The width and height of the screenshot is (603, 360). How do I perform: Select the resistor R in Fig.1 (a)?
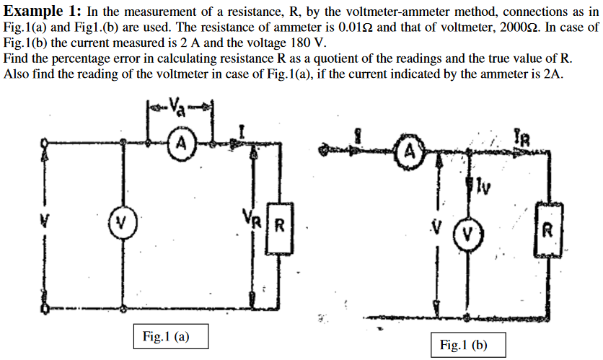click(278, 232)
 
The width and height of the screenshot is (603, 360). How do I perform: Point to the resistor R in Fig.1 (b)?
click(550, 232)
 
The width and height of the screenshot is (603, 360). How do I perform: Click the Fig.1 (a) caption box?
click(166, 335)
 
